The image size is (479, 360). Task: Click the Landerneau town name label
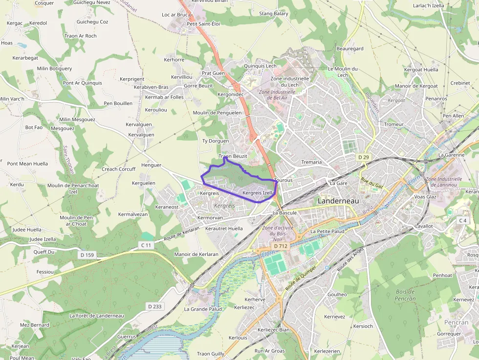point(338,201)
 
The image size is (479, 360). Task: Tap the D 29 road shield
point(363,157)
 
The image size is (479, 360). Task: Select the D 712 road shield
point(281,246)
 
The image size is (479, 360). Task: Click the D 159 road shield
point(87,255)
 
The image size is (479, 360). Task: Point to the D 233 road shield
point(155,306)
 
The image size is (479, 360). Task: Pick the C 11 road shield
point(146,245)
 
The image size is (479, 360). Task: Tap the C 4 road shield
point(462,220)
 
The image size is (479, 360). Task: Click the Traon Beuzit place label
point(233,156)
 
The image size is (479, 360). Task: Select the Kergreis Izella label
point(258,193)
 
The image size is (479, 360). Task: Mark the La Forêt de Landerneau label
point(96,316)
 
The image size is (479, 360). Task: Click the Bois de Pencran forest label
point(405,295)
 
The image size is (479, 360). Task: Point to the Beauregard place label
point(350,49)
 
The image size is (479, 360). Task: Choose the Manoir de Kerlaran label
point(196,254)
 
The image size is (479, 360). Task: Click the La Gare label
point(338,183)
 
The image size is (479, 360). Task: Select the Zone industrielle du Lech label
point(290,81)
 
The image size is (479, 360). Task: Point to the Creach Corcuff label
point(118,169)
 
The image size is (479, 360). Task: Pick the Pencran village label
point(456,322)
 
